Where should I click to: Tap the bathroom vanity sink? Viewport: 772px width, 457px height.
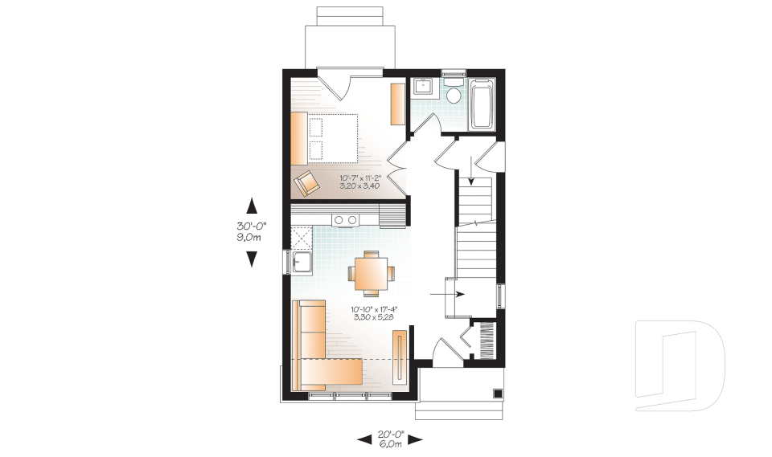[x=422, y=88]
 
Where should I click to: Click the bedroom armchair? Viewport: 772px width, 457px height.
[x=306, y=183]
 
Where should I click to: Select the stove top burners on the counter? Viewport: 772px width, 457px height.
[x=346, y=219]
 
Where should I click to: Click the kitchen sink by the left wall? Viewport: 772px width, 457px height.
[x=302, y=262]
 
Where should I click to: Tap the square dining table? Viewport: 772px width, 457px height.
[x=372, y=273]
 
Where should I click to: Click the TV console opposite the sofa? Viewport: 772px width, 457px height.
[x=400, y=358]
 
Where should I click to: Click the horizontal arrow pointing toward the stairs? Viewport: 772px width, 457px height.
[x=448, y=295]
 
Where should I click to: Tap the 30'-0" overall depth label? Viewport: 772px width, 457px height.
[x=251, y=231]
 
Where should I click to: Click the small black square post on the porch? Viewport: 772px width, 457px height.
[x=498, y=394]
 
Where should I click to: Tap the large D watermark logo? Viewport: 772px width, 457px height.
[x=680, y=361]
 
